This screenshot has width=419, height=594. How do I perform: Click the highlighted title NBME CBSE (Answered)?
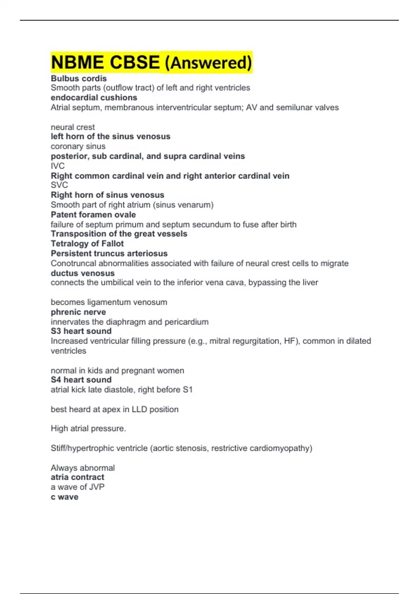pos(151,63)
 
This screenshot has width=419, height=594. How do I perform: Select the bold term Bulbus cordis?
pos(79,78)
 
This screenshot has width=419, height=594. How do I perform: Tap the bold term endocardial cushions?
pos(94,97)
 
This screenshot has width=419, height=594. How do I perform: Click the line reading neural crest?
pos(73,127)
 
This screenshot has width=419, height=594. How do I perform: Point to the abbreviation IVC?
pos(58,166)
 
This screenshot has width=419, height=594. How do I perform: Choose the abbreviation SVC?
pos(59,185)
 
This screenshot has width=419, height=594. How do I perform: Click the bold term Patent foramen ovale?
pos(93,215)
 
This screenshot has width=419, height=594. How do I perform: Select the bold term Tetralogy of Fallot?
pos(87,244)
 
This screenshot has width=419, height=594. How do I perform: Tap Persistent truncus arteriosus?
pos(109,253)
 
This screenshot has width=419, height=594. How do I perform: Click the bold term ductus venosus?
pos(82,273)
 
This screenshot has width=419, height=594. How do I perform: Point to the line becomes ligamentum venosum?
pos(109,302)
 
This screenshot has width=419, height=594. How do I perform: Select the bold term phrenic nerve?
pos(78,312)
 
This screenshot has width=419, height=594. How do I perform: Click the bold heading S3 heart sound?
pos(81,331)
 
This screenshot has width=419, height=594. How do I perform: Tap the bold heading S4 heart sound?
pos(81,380)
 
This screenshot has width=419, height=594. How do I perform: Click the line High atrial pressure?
pos(88,428)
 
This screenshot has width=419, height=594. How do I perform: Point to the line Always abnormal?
pos(83,468)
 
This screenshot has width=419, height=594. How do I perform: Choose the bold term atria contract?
pos(78,477)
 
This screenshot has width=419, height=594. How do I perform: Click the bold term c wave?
pos(65,497)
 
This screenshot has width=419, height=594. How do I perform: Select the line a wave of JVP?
pos(78,487)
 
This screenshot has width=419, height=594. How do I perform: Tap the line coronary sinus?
pos(78,146)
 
